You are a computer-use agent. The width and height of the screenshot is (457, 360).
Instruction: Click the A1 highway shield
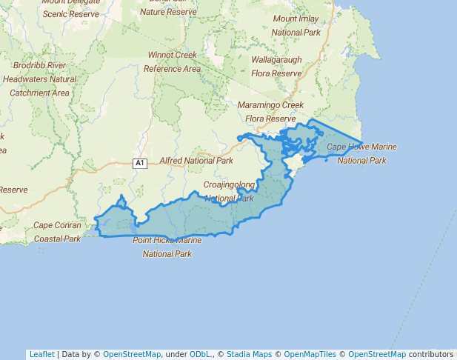point(140,163)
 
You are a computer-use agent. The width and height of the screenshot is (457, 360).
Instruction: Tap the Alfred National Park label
point(196,160)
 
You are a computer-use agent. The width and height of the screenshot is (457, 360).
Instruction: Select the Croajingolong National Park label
point(229,191)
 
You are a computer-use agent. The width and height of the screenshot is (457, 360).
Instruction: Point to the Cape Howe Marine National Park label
point(361,153)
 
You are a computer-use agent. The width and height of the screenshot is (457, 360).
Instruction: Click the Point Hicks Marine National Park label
point(167,247)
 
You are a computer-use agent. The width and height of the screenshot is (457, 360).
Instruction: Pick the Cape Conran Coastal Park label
point(57,232)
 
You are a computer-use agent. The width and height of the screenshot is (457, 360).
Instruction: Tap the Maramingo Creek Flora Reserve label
point(270,112)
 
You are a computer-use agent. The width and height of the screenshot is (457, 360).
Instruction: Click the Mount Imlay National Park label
point(296,25)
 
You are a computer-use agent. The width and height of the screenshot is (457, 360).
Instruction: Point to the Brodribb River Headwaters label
point(39,72)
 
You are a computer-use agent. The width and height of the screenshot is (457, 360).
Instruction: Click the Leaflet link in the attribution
point(41,354)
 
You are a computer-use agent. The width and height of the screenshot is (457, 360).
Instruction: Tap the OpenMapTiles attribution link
point(310,354)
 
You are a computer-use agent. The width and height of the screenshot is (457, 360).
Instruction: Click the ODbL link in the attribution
point(200,354)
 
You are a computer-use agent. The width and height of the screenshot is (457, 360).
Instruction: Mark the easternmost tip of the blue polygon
point(362,143)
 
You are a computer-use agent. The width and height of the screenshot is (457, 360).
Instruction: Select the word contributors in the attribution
point(431,354)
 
